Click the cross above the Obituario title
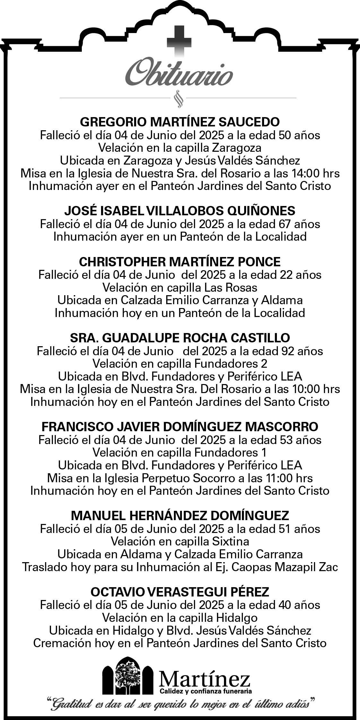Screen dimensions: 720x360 pyautogui.click(x=179, y=41)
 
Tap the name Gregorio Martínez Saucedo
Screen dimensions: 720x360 pyautogui.click(x=180, y=122)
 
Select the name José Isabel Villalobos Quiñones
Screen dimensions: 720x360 pyautogui.click(x=180, y=211)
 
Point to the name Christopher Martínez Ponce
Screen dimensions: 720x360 pyautogui.click(x=180, y=262)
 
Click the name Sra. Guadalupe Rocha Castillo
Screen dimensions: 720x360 pyautogui.click(x=180, y=338)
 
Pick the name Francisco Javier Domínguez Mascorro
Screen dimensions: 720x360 pyautogui.click(x=180, y=427)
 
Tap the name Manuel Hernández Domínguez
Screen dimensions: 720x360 pyautogui.click(x=180, y=516)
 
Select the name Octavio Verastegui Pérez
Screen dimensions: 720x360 pyautogui.click(x=180, y=592)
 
